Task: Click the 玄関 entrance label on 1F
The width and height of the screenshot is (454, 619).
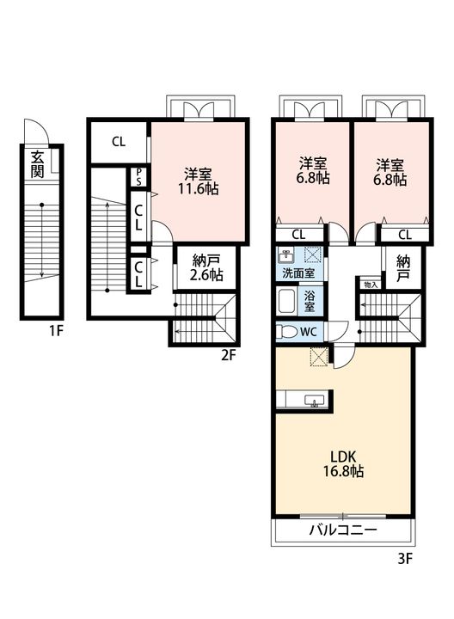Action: click(37, 164)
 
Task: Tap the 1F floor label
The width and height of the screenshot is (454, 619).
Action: click(56, 331)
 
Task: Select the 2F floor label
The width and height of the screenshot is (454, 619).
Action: click(228, 356)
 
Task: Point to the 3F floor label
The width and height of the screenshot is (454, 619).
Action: click(405, 559)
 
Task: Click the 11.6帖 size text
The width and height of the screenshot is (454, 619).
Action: click(198, 188)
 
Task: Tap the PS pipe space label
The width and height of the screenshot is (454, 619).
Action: click(138, 177)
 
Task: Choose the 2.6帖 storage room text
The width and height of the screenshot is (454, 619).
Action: click(206, 274)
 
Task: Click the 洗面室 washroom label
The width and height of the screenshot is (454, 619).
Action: click(298, 273)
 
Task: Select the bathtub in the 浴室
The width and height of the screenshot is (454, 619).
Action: click(287, 302)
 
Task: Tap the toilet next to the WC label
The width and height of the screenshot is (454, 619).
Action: click(286, 332)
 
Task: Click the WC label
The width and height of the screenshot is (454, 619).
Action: click(309, 332)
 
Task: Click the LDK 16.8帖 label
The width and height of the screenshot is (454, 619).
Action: click(343, 464)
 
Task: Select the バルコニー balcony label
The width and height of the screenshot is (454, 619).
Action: click(343, 530)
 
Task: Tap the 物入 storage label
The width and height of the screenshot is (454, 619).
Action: click(371, 285)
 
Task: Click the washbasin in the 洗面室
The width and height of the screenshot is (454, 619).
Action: click(285, 255)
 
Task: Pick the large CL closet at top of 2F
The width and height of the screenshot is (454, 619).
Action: click(119, 142)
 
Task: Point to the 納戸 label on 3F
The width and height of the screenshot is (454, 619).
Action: click(403, 267)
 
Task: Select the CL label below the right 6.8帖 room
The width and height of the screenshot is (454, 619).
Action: click(405, 235)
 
